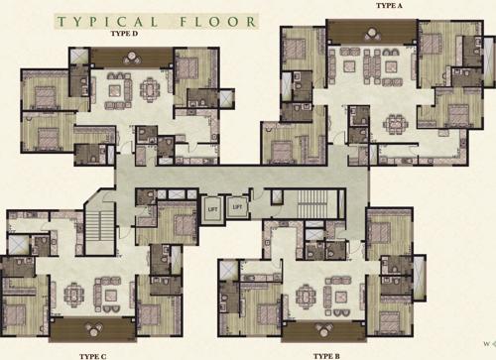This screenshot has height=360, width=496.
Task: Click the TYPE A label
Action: pyautogui.click(x=390, y=5)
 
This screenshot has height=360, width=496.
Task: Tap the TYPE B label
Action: pyautogui.click(x=326, y=354)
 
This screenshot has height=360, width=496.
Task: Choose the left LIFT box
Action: pyautogui.click(x=212, y=207)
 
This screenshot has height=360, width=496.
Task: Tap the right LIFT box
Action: pyautogui.click(x=238, y=207)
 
